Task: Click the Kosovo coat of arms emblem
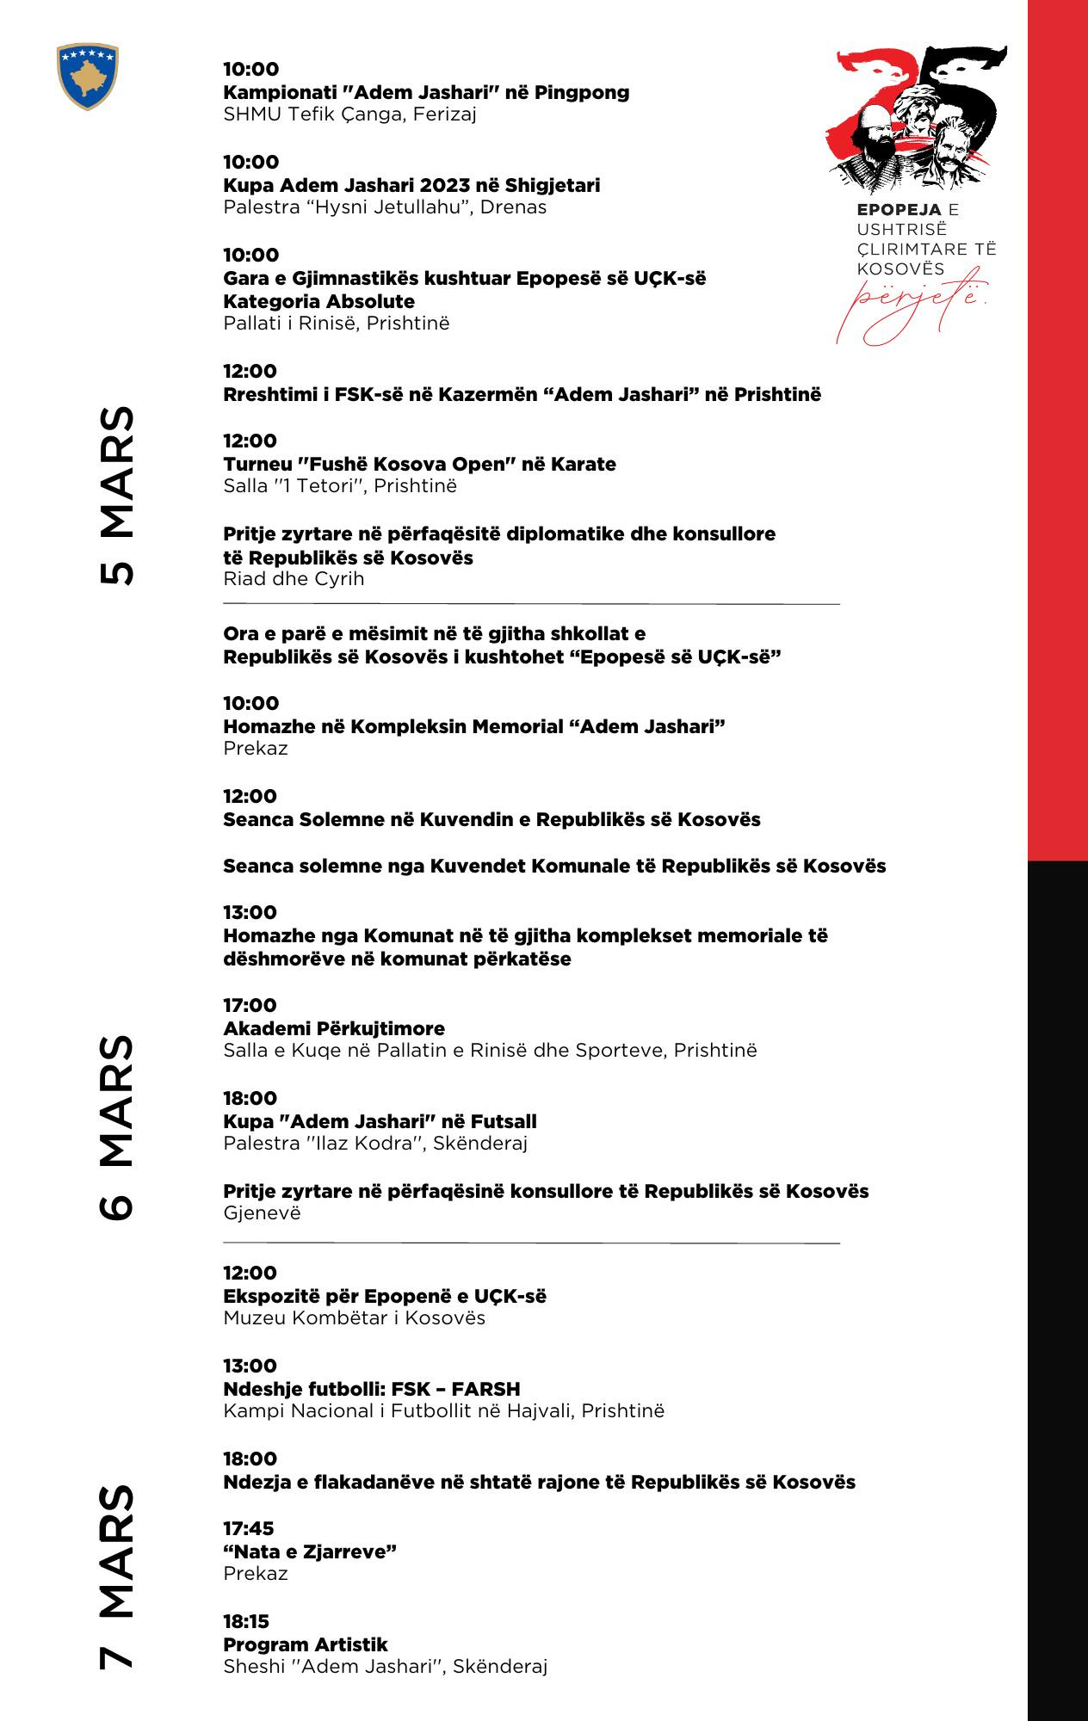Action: [x=86, y=77]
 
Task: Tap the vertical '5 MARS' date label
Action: [x=116, y=496]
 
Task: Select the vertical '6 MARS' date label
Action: [x=116, y=1127]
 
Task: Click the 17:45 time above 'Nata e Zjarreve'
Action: [x=249, y=1528]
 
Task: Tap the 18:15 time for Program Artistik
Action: [x=247, y=1621]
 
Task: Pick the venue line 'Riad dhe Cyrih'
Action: [x=294, y=578]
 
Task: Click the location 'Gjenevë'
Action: [x=262, y=1213]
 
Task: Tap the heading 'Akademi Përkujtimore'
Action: [x=334, y=1028]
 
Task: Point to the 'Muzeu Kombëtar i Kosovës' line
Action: [x=354, y=1317]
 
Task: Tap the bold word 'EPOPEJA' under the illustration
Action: [x=899, y=209]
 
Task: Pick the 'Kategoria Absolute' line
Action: [x=318, y=301]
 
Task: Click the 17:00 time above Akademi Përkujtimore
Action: [x=250, y=1005]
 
